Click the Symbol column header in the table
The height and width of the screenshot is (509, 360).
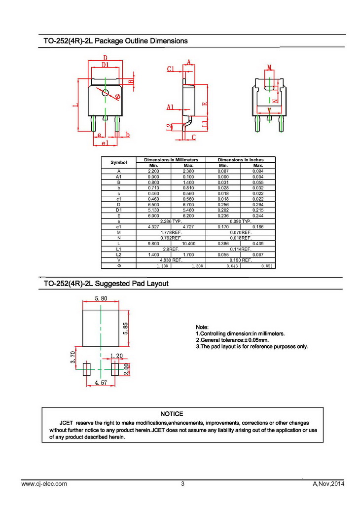coord(118,162)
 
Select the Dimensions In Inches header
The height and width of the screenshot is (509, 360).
coord(241,160)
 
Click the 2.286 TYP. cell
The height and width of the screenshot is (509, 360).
coord(171,221)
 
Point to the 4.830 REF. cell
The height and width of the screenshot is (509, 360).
coord(171,260)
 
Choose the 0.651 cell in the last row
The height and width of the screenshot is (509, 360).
coord(258,266)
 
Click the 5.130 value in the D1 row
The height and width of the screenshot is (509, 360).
coord(153,210)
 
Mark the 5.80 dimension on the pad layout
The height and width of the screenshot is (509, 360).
coord(101,298)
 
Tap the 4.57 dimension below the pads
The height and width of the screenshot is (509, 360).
coord(101,382)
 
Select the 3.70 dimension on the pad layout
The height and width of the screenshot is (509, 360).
coord(72,357)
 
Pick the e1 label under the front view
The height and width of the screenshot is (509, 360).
coord(105,143)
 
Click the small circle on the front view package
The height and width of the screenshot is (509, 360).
coord(105,92)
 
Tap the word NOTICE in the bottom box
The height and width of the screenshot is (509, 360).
coord(172,414)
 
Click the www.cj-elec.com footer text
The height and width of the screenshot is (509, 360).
coord(44,484)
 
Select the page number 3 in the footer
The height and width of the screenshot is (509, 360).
coord(182,484)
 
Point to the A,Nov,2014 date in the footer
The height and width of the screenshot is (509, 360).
coord(328,484)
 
